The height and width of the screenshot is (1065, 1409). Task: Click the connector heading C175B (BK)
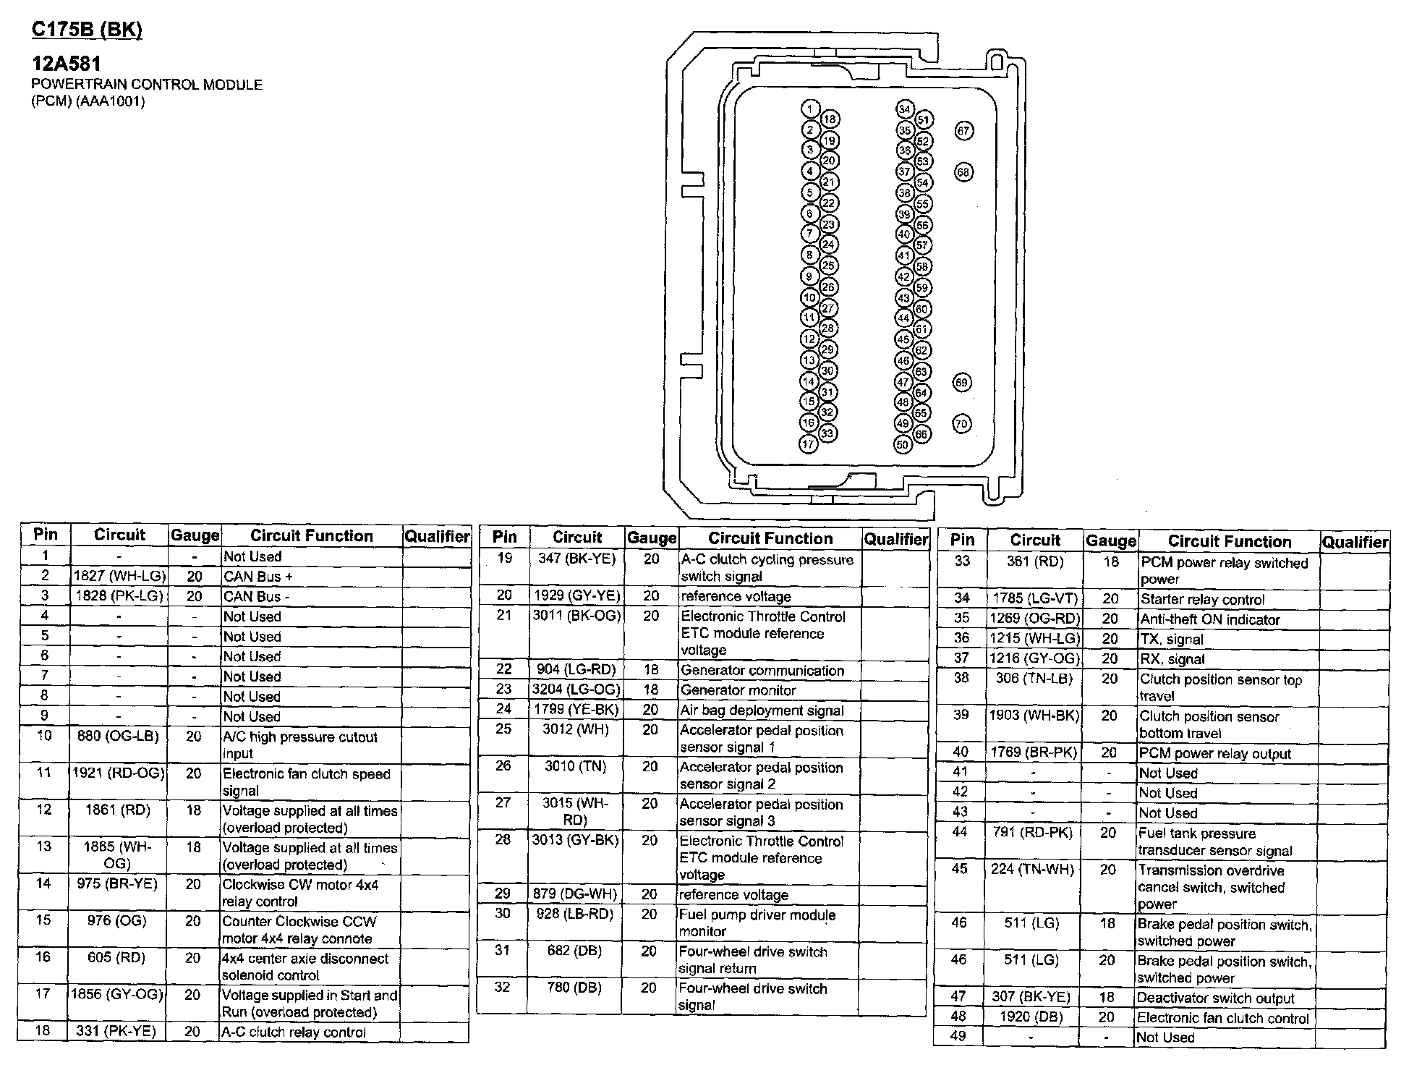[87, 30]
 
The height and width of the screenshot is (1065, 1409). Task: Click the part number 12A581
[66, 64]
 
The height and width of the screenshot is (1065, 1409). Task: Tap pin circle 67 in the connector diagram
[963, 131]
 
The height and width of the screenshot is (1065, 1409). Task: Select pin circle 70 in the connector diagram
[961, 423]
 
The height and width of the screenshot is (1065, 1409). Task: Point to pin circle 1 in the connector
[810, 109]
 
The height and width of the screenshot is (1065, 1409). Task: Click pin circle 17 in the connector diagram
[808, 444]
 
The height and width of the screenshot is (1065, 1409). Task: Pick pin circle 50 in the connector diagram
[902, 444]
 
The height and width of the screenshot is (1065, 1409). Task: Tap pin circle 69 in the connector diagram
[961, 382]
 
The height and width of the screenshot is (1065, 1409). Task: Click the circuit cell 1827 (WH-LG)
[119, 576]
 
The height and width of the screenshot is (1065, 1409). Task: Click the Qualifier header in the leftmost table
[436, 536]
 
